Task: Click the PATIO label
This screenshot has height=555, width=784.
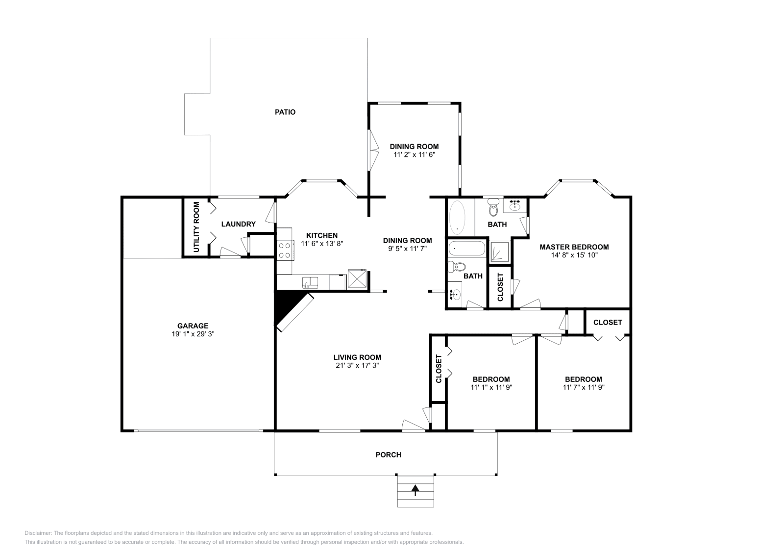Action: [x=285, y=112]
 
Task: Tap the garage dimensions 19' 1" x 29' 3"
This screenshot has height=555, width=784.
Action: [x=193, y=334]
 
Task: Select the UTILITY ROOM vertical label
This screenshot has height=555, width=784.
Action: [x=196, y=227]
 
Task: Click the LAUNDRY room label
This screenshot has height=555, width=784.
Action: [x=238, y=224]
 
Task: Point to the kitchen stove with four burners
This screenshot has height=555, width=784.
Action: [x=284, y=251]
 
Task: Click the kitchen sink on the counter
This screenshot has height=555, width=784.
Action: [x=310, y=282]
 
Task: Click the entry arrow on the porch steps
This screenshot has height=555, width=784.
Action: [x=416, y=489]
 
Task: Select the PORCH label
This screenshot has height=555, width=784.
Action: [x=388, y=455]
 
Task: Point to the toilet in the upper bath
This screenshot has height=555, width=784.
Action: [x=493, y=208]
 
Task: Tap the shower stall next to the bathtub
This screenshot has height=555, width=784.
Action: [x=499, y=251]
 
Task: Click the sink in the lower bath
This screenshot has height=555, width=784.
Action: [x=456, y=295]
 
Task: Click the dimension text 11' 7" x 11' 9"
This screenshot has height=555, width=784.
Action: [x=583, y=387]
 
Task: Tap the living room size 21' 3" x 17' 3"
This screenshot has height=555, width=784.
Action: [x=357, y=366]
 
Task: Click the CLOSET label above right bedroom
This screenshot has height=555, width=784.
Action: [x=607, y=322]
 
